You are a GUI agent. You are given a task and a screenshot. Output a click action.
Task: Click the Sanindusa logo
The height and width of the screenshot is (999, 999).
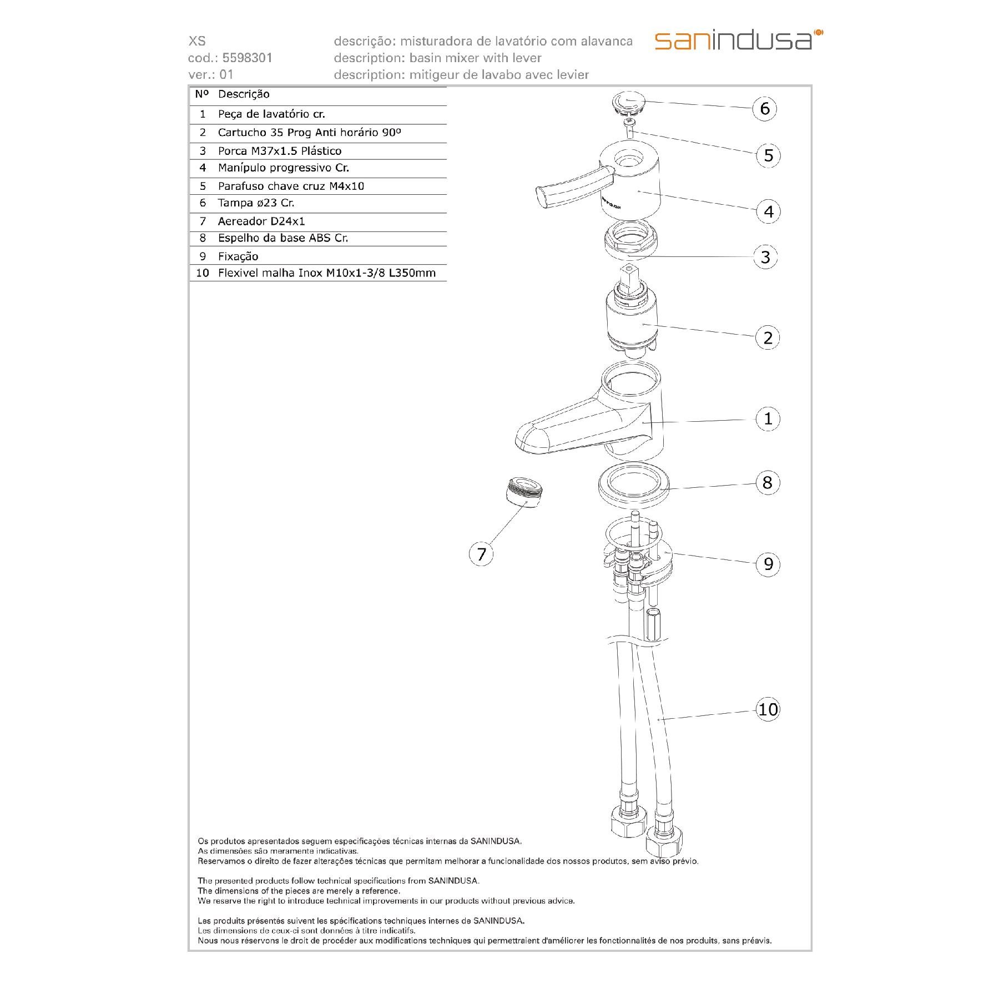[x=739, y=41]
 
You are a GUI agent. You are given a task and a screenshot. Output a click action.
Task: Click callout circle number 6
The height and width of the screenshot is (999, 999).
[x=765, y=108]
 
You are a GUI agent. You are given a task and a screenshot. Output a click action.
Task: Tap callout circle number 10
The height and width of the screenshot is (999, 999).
[x=768, y=709]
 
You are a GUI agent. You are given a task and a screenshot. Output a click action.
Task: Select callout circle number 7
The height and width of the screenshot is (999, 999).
[x=481, y=554]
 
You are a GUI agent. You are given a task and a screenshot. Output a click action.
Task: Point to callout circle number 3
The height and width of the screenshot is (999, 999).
[x=765, y=257]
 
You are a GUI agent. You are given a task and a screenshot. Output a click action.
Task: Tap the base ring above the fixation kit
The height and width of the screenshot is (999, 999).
[x=633, y=487]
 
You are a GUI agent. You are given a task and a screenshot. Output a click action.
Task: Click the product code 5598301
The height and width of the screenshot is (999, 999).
[x=247, y=58]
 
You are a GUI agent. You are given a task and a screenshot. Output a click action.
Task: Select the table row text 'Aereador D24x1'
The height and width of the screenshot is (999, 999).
[x=261, y=221]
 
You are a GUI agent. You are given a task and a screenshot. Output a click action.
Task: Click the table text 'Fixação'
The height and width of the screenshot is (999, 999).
[x=238, y=256]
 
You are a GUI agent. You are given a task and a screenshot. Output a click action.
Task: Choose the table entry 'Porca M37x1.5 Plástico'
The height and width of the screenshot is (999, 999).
[x=280, y=151]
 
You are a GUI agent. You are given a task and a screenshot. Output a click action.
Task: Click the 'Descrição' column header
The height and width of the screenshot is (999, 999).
[x=244, y=94]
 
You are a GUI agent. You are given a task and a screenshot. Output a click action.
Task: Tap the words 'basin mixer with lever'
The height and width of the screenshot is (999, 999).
[x=475, y=58]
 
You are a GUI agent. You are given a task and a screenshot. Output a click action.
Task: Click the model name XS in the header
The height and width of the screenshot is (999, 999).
[x=197, y=41]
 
